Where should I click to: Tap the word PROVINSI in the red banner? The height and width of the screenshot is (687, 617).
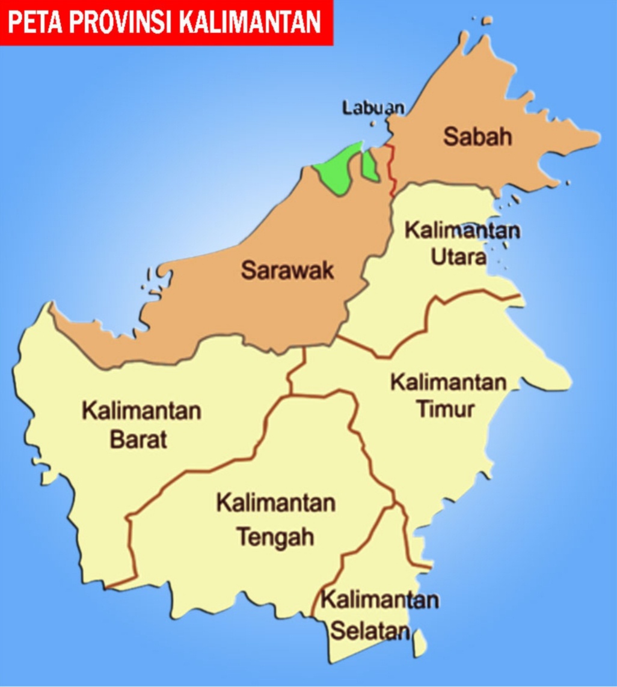pos(118,22)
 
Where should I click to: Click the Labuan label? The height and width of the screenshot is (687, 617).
pos(373,108)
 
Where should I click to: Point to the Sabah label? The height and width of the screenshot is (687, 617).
pos(477,136)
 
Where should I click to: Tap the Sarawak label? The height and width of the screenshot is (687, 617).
pos(287,270)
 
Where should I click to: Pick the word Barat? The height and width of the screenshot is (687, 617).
pos(138,439)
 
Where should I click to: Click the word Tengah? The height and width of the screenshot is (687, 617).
pos(275,536)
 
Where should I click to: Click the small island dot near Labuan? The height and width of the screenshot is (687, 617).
pos(372,124)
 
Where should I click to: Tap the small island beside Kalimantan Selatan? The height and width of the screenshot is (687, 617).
pos(420,639)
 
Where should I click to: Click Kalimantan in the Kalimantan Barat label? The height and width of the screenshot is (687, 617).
pos(141,412)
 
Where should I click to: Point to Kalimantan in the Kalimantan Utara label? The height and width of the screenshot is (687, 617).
pos(462,230)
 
